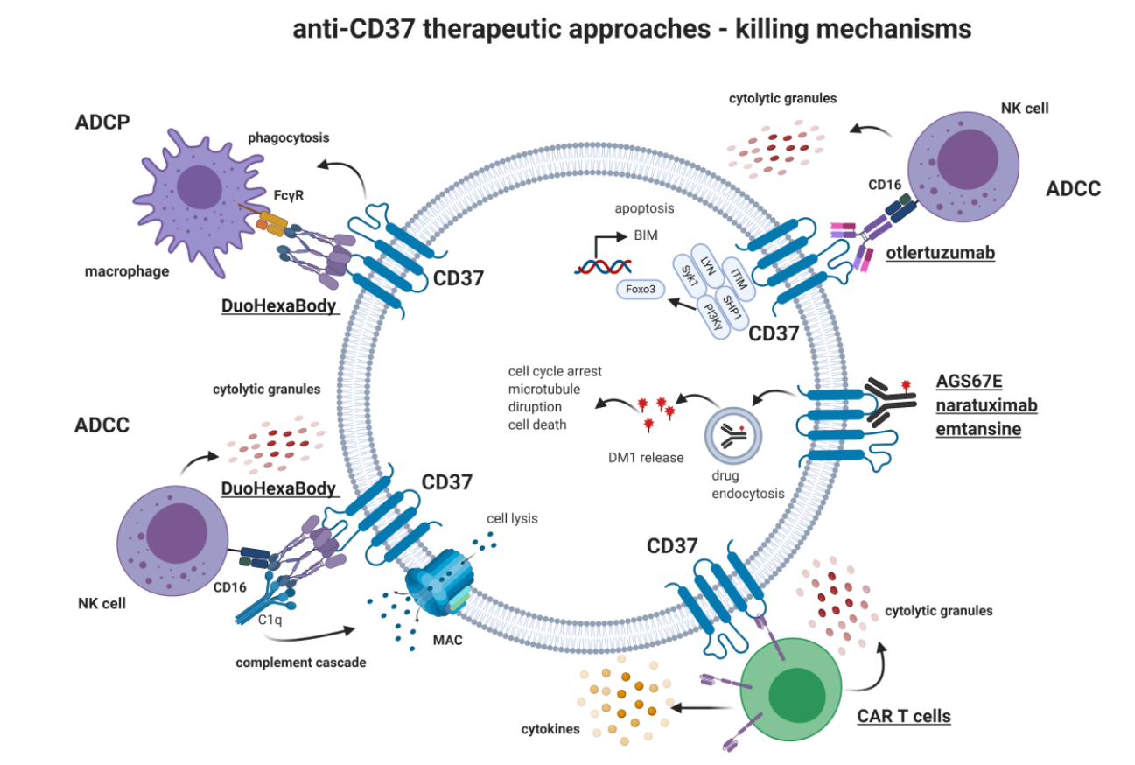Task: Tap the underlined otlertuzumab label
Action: pos(939,253)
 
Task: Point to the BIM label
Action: pos(646,236)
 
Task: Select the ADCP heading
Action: pos(102,122)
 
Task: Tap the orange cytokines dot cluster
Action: pos(625,695)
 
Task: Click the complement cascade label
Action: pos(300,663)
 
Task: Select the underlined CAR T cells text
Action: pos(903,716)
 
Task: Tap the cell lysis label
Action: pos(512,518)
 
